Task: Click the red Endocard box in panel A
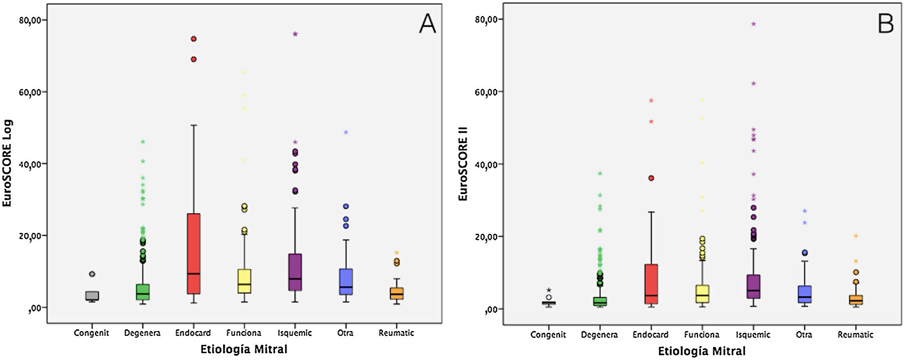(193, 254)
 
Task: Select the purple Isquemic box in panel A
(295, 272)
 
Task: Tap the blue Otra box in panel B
(805, 294)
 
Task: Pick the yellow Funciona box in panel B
(702, 294)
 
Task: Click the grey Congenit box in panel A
(92, 296)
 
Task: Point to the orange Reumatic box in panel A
(396, 293)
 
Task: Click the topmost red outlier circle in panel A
(194, 39)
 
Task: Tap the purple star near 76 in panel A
(295, 34)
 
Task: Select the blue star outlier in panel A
(346, 132)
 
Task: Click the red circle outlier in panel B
(651, 178)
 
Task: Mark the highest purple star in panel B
(754, 24)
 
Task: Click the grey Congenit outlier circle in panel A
(92, 274)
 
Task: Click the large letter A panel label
(427, 24)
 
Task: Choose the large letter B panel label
(885, 24)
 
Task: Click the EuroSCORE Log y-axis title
(7, 163)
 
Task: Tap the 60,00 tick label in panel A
(30, 92)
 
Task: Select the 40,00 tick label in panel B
(486, 164)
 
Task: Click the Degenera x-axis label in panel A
(142, 333)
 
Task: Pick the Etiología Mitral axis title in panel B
(702, 351)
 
